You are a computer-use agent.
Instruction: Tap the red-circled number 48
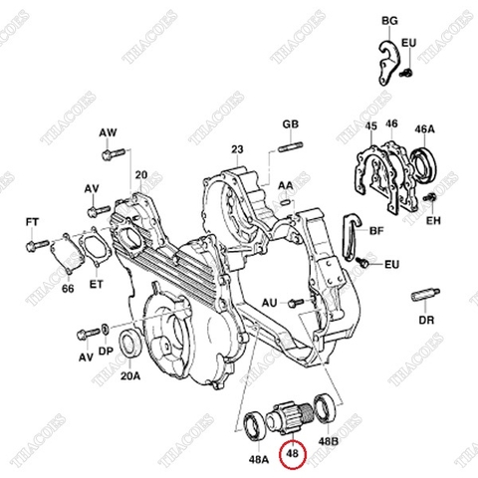click(294, 455)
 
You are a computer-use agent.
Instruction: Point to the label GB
click(290, 124)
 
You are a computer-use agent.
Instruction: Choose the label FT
click(32, 222)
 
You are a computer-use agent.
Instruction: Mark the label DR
click(426, 322)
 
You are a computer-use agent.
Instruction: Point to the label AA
click(285, 185)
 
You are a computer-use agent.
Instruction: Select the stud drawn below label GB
click(290, 149)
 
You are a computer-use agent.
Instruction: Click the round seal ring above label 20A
click(129, 345)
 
